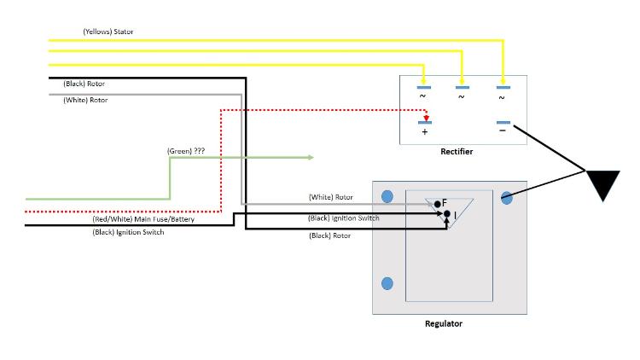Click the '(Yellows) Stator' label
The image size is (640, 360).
[108, 32]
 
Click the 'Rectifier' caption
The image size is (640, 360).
[457, 151]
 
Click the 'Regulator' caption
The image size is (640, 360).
[444, 323]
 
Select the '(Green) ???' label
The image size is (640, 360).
[185, 150]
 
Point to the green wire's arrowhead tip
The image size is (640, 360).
[313, 157]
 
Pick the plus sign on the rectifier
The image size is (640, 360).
[424, 133]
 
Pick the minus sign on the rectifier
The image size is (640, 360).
[502, 131]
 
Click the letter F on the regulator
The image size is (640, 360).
[445, 202]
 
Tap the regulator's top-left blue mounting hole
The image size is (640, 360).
[387, 196]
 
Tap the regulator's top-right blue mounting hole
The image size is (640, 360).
[507, 198]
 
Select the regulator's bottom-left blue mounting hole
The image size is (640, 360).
[387, 283]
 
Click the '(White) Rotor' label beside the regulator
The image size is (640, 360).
[330, 197]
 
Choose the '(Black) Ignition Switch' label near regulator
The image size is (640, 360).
[344, 218]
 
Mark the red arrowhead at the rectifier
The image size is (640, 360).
[424, 119]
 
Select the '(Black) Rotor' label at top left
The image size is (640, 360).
[85, 84]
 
